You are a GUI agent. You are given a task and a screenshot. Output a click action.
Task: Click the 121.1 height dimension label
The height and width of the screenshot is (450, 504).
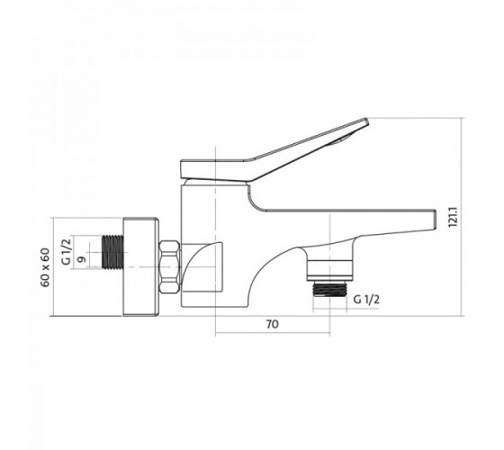(454, 217)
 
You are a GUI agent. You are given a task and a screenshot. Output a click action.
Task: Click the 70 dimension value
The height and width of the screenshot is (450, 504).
(272, 324)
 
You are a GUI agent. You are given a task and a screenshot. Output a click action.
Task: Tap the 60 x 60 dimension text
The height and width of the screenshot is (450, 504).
(45, 267)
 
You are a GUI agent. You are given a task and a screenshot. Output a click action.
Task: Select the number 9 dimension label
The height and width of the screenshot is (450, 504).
(82, 259)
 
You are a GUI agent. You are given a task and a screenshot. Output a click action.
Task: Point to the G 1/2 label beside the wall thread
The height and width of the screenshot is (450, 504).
(67, 252)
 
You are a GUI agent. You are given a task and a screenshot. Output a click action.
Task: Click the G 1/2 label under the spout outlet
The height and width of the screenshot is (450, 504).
(366, 300)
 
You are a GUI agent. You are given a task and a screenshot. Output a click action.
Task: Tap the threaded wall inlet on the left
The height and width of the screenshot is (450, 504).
(112, 252)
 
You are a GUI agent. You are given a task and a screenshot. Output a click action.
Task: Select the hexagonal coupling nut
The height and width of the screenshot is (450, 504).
(169, 266)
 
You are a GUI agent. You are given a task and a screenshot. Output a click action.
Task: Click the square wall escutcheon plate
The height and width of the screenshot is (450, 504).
(141, 266)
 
